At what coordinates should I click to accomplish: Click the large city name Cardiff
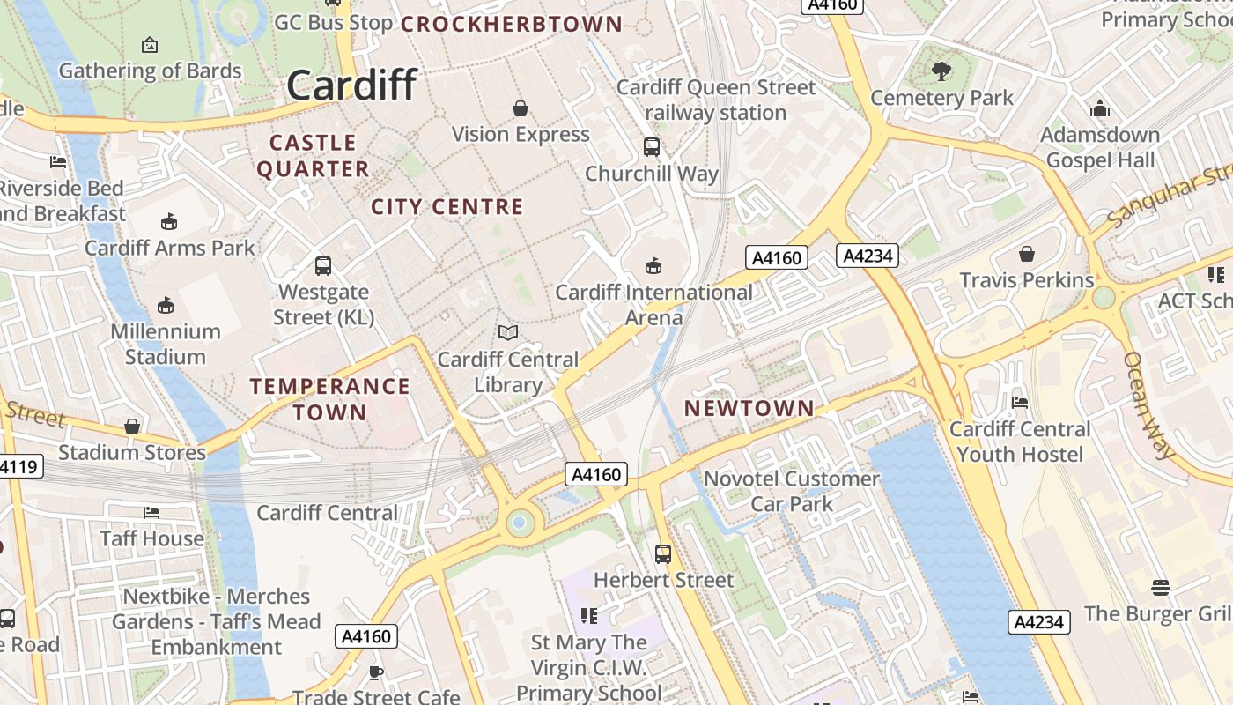tap(351, 85)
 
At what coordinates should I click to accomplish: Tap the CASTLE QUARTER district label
tap(313, 155)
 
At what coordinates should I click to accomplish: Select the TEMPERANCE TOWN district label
tap(329, 398)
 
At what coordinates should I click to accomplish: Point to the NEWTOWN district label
tap(749, 408)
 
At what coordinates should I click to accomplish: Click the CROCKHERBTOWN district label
tap(512, 25)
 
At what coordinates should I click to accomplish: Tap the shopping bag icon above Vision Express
tap(521, 108)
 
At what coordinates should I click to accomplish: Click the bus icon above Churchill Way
tap(652, 147)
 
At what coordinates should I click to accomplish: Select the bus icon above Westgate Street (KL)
tap(323, 265)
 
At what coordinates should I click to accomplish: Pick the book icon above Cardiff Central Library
tap(508, 333)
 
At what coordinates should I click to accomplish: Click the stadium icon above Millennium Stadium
tap(166, 305)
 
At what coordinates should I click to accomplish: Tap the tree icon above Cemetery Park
tap(941, 71)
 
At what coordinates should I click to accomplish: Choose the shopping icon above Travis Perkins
tap(1026, 254)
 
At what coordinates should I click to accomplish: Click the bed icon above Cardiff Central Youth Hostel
tap(1020, 403)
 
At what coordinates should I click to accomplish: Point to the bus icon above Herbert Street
tap(663, 554)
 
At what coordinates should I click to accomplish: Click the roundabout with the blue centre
tap(520, 523)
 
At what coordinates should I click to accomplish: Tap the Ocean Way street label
tap(1149, 406)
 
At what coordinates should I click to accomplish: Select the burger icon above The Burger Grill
tap(1160, 588)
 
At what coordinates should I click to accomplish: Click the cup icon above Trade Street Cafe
tap(376, 673)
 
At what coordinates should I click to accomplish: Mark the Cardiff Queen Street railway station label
tap(716, 100)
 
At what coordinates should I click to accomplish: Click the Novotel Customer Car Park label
tap(792, 491)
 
